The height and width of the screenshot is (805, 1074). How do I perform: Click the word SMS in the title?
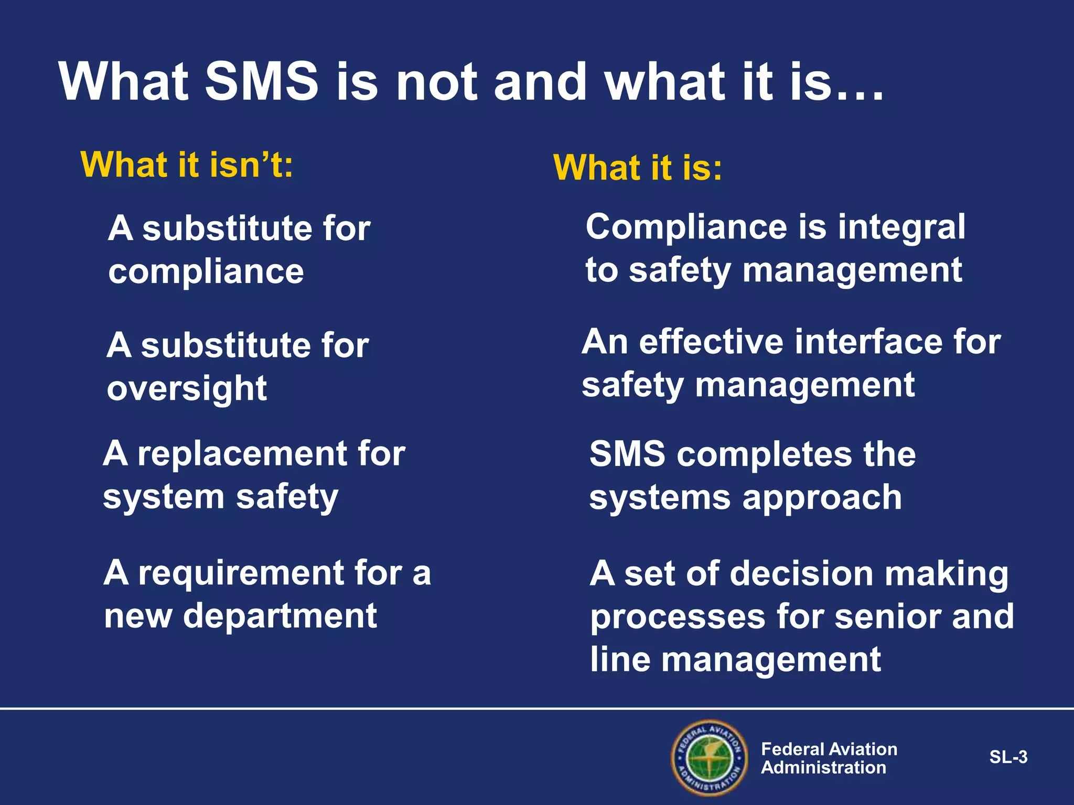(x=261, y=82)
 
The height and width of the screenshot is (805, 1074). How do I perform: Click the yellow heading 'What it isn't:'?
(x=187, y=165)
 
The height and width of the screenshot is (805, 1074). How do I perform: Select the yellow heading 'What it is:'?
(x=638, y=168)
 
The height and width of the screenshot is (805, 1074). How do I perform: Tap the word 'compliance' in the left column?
(x=206, y=273)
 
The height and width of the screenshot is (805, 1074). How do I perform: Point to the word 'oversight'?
(x=187, y=389)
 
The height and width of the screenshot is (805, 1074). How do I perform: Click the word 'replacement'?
(x=241, y=453)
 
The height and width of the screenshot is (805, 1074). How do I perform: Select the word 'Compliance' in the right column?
(x=686, y=227)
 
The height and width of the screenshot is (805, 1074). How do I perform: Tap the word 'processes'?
(x=678, y=617)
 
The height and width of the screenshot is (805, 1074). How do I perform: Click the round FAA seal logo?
(x=709, y=758)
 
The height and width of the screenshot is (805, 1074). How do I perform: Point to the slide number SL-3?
(x=1008, y=757)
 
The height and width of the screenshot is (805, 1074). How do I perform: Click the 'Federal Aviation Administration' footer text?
(x=829, y=758)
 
